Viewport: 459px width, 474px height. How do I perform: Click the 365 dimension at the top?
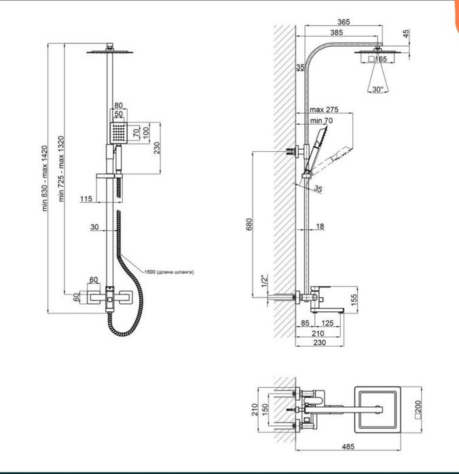[344, 22]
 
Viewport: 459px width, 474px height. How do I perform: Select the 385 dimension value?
[336, 33]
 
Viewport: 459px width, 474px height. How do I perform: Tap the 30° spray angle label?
[378, 90]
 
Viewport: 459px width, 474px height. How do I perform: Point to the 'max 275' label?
[324, 109]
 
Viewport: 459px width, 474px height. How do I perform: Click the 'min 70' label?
[321, 121]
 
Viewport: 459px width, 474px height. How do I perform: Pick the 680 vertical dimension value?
[249, 224]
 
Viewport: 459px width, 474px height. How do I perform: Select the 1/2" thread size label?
[265, 281]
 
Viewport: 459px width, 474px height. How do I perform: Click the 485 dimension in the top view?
[348, 446]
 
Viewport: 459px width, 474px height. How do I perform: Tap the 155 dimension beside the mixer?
[354, 300]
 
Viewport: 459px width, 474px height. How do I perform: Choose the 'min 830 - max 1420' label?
[45, 178]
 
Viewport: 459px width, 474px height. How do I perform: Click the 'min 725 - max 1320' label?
[61, 169]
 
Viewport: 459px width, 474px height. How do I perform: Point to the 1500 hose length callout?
[169, 272]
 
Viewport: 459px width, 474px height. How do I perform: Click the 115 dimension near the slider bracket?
[86, 199]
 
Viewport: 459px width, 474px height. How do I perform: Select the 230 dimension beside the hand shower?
[157, 148]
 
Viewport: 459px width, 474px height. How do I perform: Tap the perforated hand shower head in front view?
[118, 133]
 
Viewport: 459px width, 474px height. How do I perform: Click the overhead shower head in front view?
[110, 52]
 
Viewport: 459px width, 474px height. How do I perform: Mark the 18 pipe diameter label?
[320, 226]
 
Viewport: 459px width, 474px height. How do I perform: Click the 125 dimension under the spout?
[327, 323]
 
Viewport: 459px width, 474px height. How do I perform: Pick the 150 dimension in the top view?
[265, 410]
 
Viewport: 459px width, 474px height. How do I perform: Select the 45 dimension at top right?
[406, 33]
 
